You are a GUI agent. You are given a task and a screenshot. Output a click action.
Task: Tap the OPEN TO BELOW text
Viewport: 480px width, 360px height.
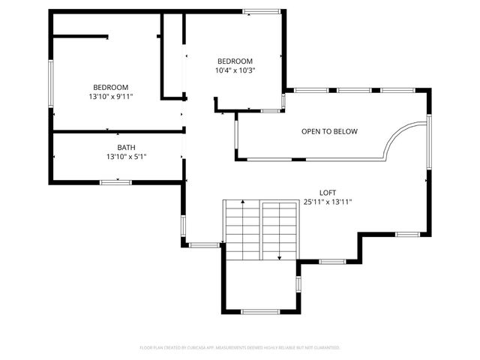pos(329,132)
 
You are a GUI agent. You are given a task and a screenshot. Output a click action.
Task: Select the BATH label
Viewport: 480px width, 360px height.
pos(126,148)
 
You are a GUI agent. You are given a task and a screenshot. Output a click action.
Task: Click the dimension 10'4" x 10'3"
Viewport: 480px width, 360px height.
pos(235,70)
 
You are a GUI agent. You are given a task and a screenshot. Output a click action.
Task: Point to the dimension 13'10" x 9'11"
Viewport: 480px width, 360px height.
pos(111,97)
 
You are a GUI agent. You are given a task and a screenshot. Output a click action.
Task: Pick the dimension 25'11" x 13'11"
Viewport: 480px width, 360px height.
pos(328,202)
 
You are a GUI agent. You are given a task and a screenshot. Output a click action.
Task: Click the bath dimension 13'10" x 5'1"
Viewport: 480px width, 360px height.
pos(126,157)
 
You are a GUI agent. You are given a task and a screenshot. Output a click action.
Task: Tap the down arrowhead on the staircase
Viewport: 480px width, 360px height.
pos(279,257)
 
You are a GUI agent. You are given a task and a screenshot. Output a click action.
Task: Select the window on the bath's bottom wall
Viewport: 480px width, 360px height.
pos(116,181)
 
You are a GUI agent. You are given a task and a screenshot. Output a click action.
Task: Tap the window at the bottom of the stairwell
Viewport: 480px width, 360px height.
pos(260,311)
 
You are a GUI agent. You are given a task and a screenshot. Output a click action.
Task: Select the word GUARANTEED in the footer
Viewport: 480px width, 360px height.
pos(327,348)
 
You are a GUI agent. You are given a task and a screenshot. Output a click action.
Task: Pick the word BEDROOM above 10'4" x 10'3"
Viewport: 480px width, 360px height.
pos(235,61)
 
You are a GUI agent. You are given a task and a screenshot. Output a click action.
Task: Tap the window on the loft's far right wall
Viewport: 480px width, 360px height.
pos(430,142)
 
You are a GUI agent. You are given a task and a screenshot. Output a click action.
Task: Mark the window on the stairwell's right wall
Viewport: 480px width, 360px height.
pos(298,283)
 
